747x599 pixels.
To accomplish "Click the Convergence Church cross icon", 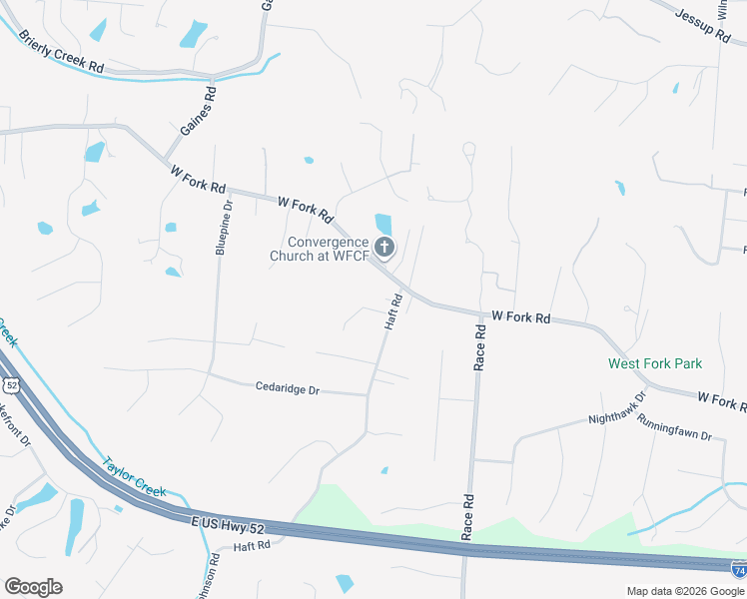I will [384, 248].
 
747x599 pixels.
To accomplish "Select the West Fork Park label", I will [655, 364].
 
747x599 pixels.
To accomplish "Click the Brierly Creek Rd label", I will [61, 52].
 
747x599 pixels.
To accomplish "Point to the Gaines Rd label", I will [199, 112].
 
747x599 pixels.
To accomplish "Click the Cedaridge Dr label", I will [287, 388].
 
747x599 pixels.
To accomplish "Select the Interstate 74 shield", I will [738, 570].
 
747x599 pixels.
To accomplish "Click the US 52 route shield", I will [11, 384].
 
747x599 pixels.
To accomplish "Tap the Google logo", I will [33, 587].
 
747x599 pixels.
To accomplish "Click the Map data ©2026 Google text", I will [685, 590].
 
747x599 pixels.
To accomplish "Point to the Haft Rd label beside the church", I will [393, 311].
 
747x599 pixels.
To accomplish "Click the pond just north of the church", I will [382, 223].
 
